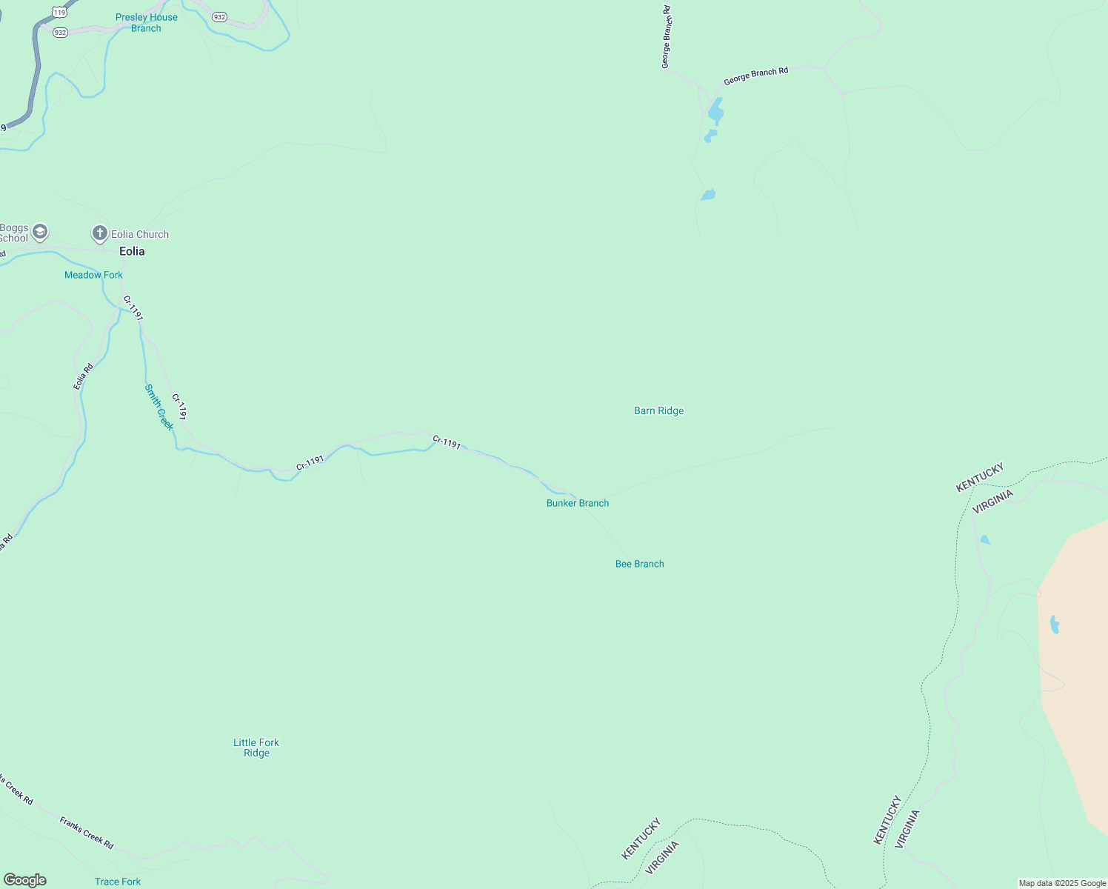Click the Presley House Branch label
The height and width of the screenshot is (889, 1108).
(146, 23)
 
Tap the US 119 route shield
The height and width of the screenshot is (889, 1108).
(60, 13)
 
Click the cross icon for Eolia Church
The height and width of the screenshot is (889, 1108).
(99, 234)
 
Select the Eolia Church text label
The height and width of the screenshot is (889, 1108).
(140, 234)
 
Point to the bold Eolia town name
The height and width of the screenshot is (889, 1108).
(132, 251)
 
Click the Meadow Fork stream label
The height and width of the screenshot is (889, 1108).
(93, 275)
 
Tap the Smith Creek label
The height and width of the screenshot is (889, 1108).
(159, 407)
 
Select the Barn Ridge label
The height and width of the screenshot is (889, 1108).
(658, 410)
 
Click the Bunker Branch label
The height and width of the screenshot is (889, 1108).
(578, 503)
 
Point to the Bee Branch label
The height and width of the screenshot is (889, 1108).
(639, 564)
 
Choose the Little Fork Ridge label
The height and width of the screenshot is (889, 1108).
(256, 748)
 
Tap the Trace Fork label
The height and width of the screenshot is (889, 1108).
(118, 882)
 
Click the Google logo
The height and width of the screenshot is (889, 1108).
(25, 880)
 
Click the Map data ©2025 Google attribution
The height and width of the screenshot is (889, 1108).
(1062, 883)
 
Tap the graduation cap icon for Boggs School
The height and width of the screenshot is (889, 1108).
(40, 232)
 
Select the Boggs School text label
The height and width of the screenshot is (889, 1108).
(13, 233)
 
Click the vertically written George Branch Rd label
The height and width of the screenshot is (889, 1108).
(667, 37)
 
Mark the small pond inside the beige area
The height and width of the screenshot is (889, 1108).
(1054, 625)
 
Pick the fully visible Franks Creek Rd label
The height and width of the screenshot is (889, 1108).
(87, 832)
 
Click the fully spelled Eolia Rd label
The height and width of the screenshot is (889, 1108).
(84, 376)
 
